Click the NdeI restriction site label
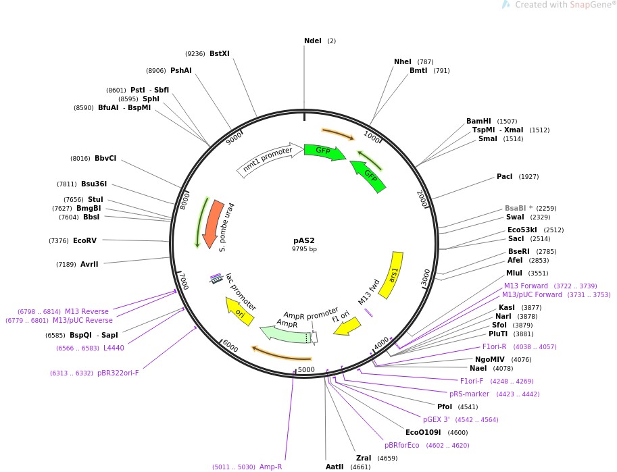pos(313,41)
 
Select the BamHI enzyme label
pos(478,122)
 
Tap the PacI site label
pos(505,177)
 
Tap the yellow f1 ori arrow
pos(347,327)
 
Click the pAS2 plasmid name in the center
pos(304,240)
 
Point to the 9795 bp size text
pos(304,249)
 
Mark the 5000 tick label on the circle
pos(307,369)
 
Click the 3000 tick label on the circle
pos(426,277)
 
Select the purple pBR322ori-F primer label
pos(118,373)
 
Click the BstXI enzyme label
pos(220,53)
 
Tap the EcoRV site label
pos(85,240)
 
